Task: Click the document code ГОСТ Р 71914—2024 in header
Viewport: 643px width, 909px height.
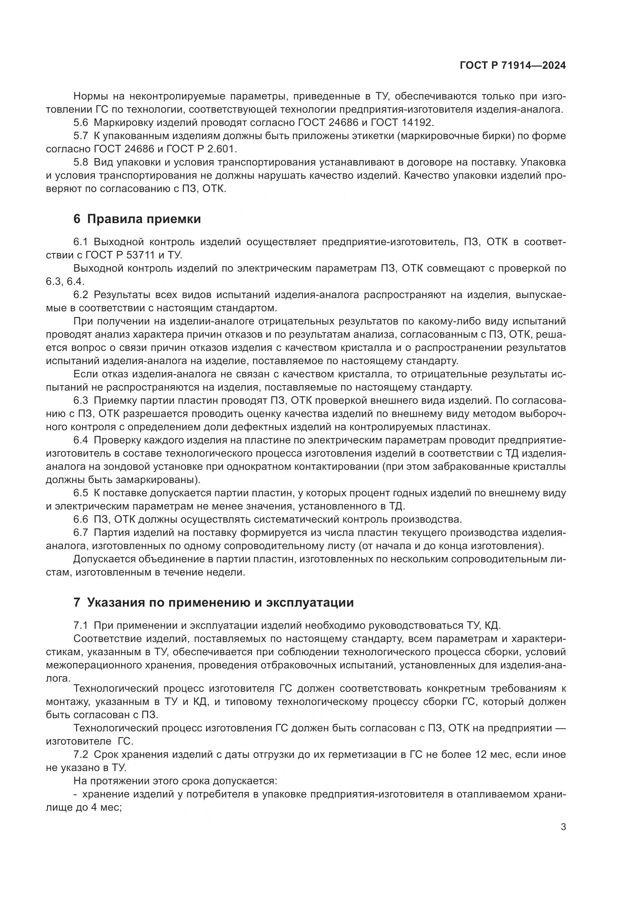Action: click(x=513, y=66)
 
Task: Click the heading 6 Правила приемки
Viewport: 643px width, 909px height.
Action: click(x=137, y=219)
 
